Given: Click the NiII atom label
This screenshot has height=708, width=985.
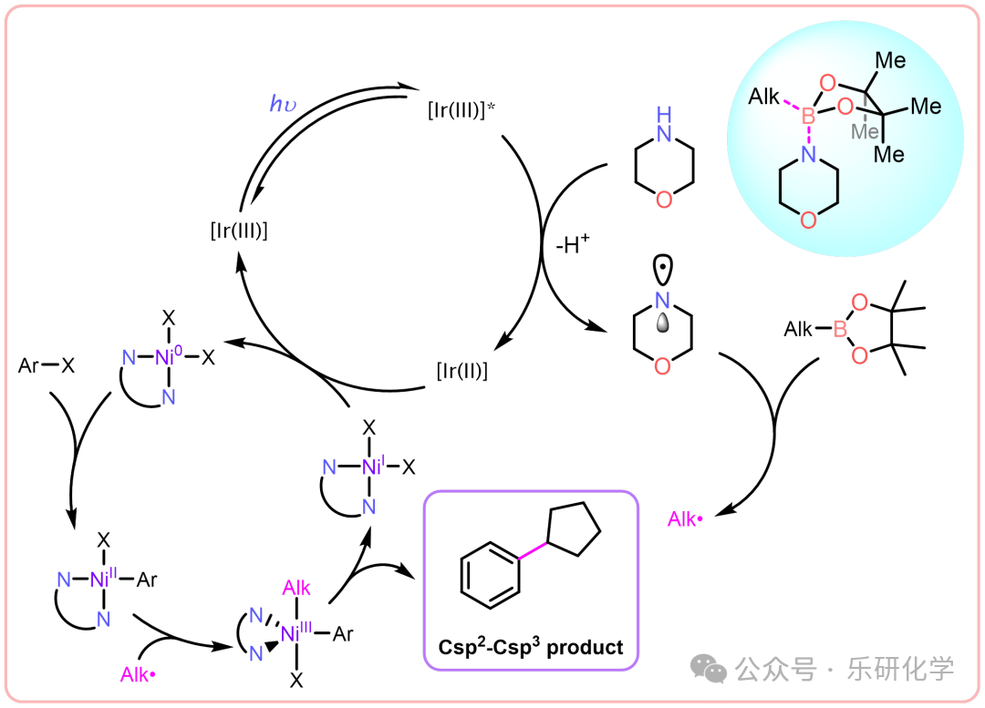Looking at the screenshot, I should tap(102, 579).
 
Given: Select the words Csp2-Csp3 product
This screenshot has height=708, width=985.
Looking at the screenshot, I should tap(531, 647).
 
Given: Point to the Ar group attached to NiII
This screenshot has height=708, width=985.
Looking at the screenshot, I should tap(146, 580).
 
